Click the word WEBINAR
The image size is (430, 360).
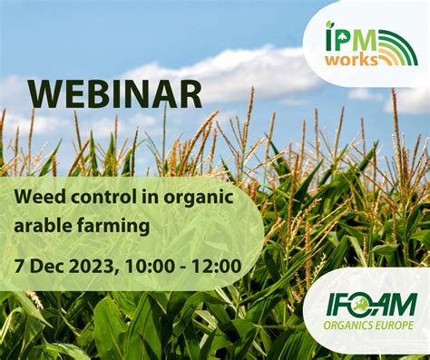click(115, 93)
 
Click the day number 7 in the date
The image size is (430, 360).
click(19, 267)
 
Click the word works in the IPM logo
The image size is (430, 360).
click(352, 60)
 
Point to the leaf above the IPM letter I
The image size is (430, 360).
click(329, 24)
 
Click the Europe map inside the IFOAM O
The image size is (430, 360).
click(361, 304)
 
